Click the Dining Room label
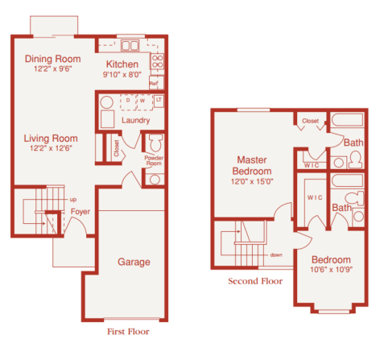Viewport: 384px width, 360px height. [x=53, y=58]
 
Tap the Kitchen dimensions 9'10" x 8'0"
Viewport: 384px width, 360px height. [x=122, y=76]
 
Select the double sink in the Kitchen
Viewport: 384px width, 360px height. [x=130, y=44]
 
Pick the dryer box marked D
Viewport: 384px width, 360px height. [x=127, y=100]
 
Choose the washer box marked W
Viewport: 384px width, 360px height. [x=142, y=100]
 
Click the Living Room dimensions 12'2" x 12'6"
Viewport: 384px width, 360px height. [x=52, y=147]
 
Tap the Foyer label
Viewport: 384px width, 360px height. [x=80, y=212]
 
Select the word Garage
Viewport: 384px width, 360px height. [x=134, y=262]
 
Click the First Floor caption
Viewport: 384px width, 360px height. [x=128, y=331]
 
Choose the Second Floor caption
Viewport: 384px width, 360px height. [x=256, y=282]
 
